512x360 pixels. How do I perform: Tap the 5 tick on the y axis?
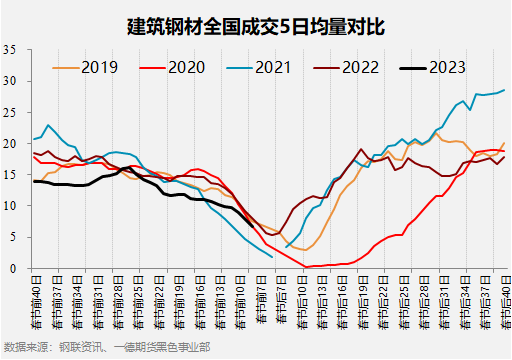12,237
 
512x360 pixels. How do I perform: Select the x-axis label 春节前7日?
261,301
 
